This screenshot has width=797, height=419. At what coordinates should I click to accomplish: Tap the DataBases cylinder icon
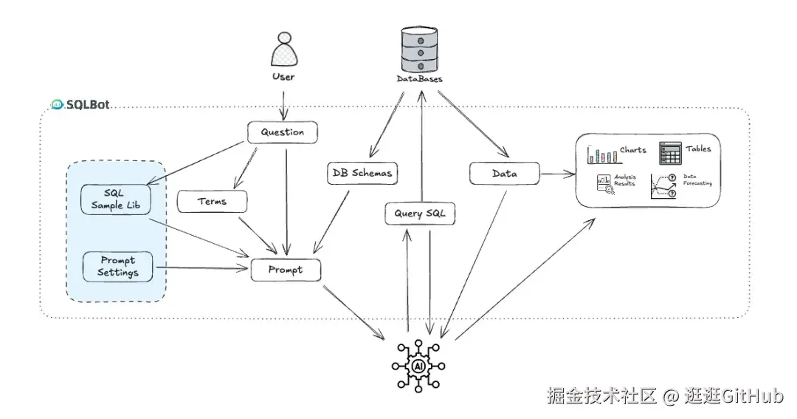click(419, 47)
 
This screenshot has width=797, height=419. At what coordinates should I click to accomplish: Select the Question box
click(282, 133)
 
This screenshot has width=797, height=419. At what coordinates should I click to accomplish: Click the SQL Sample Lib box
click(115, 199)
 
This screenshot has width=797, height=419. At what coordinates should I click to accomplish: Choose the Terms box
click(212, 201)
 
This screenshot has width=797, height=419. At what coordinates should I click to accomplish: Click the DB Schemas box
click(362, 173)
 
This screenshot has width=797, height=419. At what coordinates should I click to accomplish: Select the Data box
click(504, 174)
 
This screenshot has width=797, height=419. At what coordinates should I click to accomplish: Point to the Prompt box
click(286, 270)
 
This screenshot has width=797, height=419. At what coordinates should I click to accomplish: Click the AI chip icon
click(418, 366)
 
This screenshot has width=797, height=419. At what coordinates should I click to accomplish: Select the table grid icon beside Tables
click(670, 152)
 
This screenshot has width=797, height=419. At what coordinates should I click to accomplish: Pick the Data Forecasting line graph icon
click(663, 185)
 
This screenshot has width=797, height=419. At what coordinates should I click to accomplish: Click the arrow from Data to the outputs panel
click(557, 175)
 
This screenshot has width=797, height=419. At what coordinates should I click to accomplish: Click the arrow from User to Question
click(283, 103)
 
